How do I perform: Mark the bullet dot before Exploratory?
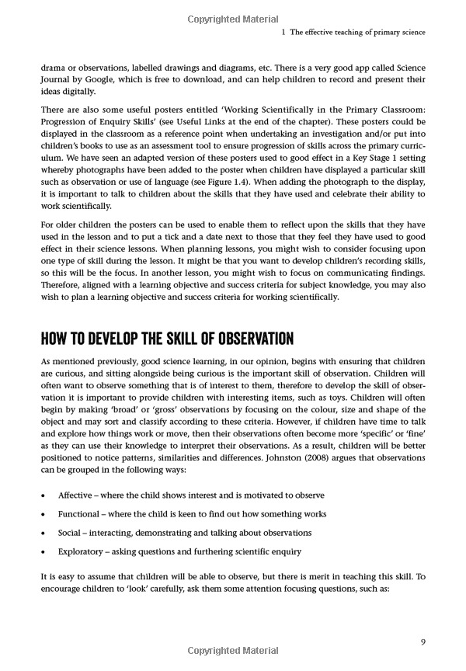(x=41, y=551)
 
